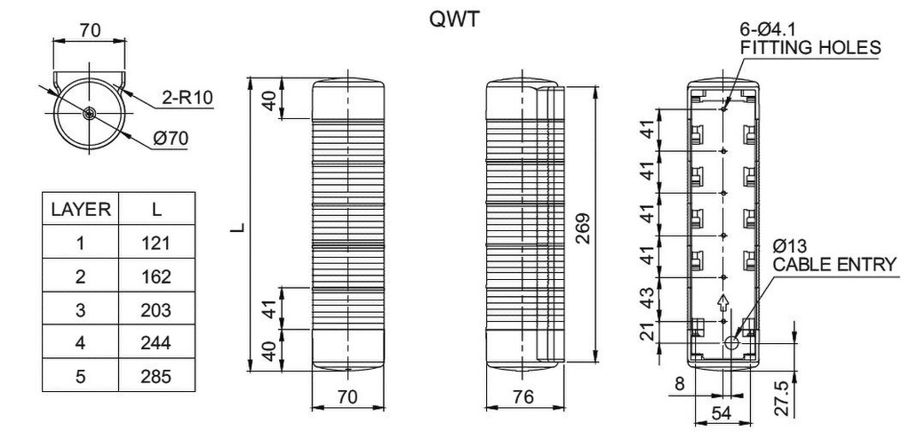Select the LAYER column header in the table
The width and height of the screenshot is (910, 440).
(81, 210)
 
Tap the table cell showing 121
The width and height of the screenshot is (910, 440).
(156, 243)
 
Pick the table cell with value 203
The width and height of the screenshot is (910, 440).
(156, 309)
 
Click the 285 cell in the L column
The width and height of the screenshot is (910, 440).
(156, 376)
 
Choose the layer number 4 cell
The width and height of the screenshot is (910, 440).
(81, 343)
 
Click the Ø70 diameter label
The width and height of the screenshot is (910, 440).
(171, 139)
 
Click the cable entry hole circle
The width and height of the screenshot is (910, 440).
(733, 342)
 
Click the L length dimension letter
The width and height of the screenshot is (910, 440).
(237, 228)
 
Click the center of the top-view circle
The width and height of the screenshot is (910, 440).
(91, 113)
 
